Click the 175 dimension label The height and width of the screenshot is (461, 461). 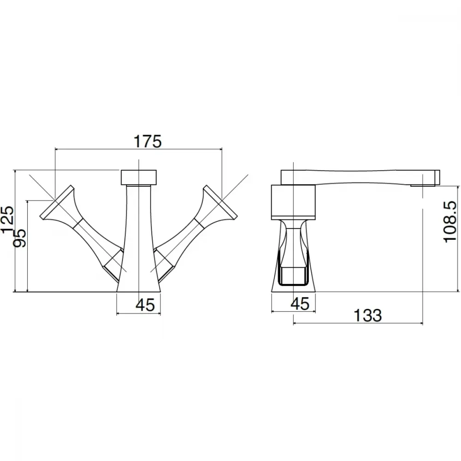[x=148, y=142]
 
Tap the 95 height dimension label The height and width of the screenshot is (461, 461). [x=20, y=238]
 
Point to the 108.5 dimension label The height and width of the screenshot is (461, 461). [x=450, y=222]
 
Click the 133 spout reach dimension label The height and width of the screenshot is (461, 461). [x=367, y=315]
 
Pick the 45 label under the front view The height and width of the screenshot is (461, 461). [x=145, y=305]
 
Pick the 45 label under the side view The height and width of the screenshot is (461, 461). [x=300, y=303]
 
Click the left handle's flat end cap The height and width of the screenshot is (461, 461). [x=56, y=202]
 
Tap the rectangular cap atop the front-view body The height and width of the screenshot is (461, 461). [x=139, y=177]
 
